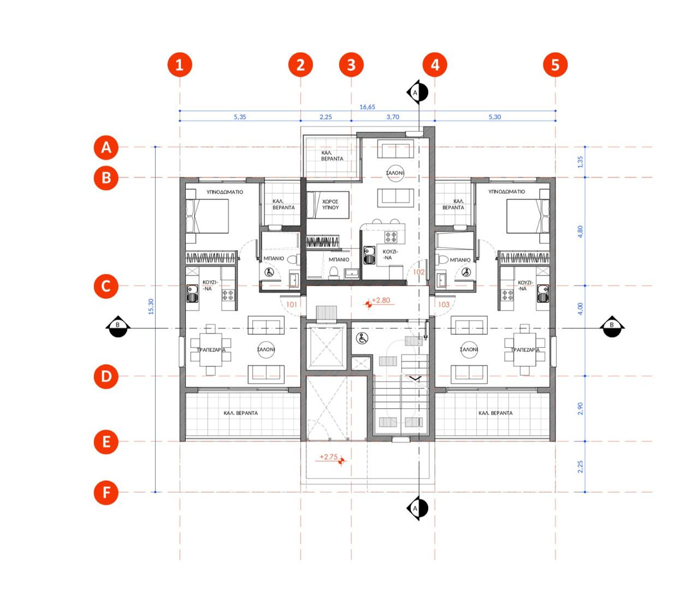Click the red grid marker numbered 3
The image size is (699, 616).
351,64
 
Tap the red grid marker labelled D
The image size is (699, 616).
106,376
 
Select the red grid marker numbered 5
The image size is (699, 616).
555,64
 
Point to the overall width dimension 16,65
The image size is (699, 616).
367,107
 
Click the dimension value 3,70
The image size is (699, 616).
393,117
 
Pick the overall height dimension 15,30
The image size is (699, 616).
151,306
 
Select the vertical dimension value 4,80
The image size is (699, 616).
580,232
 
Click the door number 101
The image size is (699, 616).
292,304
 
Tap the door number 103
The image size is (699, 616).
443,304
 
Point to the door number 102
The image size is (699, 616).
419,272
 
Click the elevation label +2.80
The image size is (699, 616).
381,300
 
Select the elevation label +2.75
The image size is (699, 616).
329,457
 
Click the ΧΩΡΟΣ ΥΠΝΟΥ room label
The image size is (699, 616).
330,205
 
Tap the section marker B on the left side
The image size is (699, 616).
117,326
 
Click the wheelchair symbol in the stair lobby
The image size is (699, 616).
362,338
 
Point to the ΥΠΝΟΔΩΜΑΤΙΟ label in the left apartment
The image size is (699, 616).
224,192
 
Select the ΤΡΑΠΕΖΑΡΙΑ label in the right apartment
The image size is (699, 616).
525,350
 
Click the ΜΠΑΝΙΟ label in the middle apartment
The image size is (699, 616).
339,259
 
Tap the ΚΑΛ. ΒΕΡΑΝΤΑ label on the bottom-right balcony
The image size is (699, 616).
495,413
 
